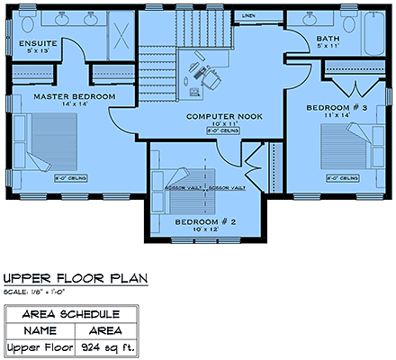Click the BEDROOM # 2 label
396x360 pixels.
pos(204,220)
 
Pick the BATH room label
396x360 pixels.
pos(328,39)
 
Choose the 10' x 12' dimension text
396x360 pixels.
pos(204,229)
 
